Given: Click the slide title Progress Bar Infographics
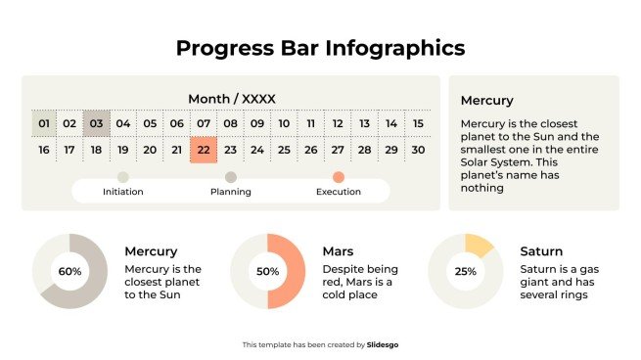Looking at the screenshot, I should tap(320, 47).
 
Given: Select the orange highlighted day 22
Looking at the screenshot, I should tap(203, 150).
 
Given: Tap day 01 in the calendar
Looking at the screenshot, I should tap(43, 123).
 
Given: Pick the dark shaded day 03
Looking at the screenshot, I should tap(96, 123).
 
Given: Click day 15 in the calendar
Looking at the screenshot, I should tap(417, 123).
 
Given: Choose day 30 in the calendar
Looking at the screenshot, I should tap(417, 150).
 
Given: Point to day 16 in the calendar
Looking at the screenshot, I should tap(43, 150).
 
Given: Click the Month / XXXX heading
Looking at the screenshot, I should tap(231, 99).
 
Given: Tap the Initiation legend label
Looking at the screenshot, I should tap(122, 192).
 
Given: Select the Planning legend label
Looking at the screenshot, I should tap(231, 192).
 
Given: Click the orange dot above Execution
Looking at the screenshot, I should tap(339, 177).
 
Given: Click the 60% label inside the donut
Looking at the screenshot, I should tap(69, 272).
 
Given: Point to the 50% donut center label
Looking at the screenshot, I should tap(267, 272).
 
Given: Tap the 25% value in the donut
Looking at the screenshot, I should tap(466, 272).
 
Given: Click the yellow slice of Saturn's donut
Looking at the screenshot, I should tap(478, 245).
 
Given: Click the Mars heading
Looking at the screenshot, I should tap(338, 251).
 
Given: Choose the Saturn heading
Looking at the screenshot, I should tap(540, 251).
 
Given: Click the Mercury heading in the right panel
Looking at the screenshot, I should tap(486, 101).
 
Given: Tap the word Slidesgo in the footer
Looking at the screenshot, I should tap(383, 344).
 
